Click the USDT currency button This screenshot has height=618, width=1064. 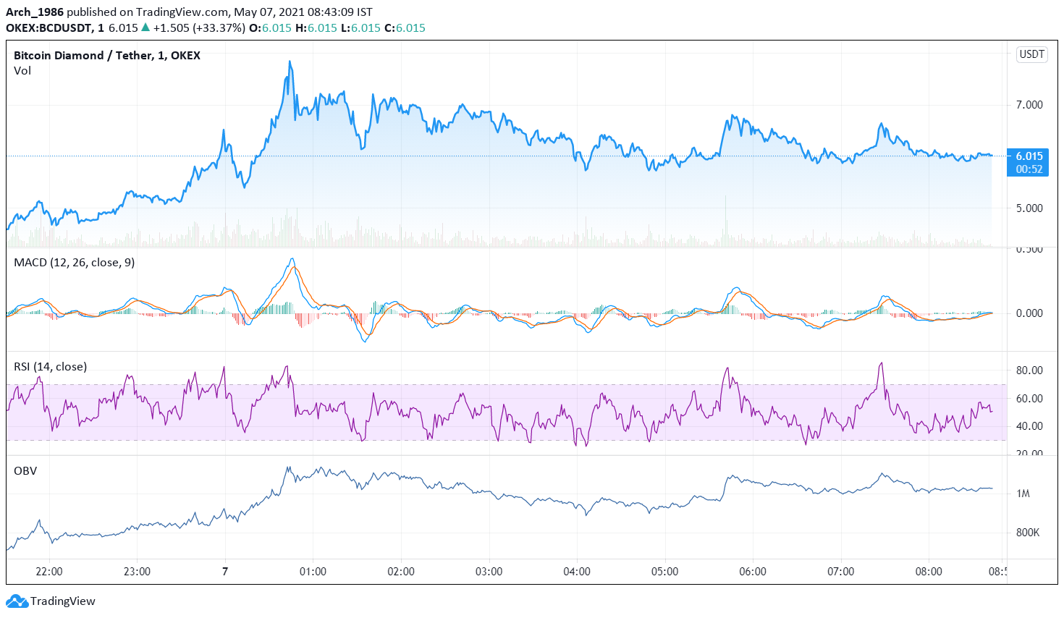pyautogui.click(x=1031, y=54)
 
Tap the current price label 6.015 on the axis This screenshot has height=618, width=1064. pyautogui.click(x=1029, y=156)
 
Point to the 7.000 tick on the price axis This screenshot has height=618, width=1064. pyautogui.click(x=1029, y=105)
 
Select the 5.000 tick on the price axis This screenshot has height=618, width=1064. pyautogui.click(x=1029, y=208)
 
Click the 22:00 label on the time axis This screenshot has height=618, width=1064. pyautogui.click(x=49, y=572)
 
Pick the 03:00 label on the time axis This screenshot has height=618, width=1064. pyautogui.click(x=489, y=572)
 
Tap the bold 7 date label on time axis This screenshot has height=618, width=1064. pyautogui.click(x=225, y=572)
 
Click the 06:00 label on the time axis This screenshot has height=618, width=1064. pyautogui.click(x=753, y=572)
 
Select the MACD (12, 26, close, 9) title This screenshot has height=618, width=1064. pyautogui.click(x=74, y=263)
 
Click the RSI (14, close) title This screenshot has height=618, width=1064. pyautogui.click(x=50, y=367)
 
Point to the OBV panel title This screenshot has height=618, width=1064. pyautogui.click(x=25, y=471)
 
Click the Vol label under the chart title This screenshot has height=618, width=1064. pyautogui.click(x=22, y=71)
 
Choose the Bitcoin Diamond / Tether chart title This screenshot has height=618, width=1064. pyautogui.click(x=106, y=56)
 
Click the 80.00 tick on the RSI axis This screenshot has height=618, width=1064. pyautogui.click(x=1029, y=371)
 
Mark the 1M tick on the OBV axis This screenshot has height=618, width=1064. pyautogui.click(x=1023, y=494)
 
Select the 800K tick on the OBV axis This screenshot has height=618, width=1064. pyautogui.click(x=1027, y=533)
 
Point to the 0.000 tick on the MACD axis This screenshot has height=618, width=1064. pyautogui.click(x=1029, y=313)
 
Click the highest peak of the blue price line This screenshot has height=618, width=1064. pyautogui.click(x=290, y=62)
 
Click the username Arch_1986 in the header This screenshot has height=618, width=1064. pyautogui.click(x=35, y=12)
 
